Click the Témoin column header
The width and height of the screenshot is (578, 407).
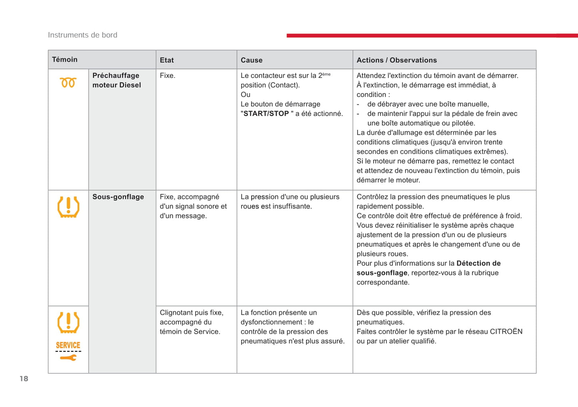65,60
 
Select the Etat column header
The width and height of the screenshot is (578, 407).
167,60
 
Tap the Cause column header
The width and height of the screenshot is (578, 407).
252,60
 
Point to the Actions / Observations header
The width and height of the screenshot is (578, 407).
396,60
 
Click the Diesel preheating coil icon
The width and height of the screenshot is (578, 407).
68,83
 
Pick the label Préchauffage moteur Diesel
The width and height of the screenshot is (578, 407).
116,80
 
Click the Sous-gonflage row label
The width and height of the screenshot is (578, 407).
118,197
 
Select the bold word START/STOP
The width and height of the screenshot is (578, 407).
266,114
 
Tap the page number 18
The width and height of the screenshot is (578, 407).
24,379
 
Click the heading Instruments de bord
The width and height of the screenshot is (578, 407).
83,35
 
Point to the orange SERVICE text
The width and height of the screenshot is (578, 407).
68,345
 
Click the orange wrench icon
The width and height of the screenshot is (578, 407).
68,357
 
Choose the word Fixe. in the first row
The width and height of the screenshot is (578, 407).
168,75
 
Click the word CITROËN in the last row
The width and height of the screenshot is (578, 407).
506,332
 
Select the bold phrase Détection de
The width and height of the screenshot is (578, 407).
478,263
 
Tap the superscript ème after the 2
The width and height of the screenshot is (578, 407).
326,74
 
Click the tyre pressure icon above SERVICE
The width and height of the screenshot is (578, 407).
68,323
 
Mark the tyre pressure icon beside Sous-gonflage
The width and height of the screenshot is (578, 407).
68,207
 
